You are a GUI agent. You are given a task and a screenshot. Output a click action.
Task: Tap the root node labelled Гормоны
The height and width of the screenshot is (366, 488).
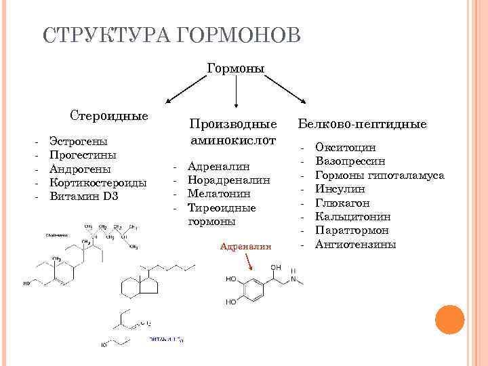coord(235,68)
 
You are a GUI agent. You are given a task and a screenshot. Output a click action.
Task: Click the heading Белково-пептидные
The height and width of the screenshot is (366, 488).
coord(363,124)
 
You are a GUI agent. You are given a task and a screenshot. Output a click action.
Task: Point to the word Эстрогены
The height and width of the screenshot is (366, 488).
coord(78,142)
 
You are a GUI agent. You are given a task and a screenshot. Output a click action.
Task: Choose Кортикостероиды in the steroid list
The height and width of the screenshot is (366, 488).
coord(98,183)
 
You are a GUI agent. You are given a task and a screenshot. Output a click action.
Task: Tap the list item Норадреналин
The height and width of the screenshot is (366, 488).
coord(228,180)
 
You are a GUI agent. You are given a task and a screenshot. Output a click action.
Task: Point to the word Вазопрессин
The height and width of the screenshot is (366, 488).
coord(350,161)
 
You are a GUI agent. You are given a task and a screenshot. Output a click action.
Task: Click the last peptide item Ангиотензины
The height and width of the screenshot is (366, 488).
coord(355,244)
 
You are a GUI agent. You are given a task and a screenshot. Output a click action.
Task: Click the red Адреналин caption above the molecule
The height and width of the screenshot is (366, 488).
coord(245,247)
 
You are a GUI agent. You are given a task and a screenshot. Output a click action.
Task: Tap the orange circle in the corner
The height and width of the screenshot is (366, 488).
coord(449,320)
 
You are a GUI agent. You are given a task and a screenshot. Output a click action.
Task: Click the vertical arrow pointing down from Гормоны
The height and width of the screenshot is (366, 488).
coord(235,94)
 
